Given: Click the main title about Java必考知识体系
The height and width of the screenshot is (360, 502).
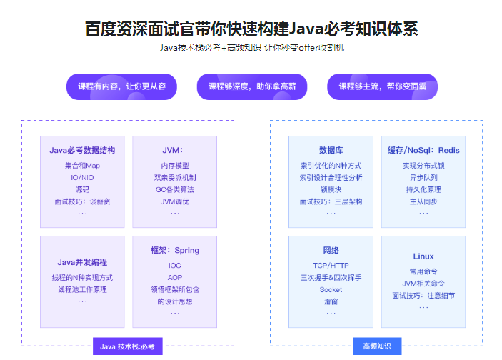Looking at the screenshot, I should [x=251, y=29].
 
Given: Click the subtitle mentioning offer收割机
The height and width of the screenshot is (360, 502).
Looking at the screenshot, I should [x=251, y=48].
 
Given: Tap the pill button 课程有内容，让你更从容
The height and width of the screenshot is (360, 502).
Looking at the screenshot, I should [x=121, y=86].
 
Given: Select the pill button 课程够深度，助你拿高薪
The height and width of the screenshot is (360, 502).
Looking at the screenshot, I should [x=252, y=86].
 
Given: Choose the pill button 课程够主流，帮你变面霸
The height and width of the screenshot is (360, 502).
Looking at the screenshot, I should [x=382, y=86].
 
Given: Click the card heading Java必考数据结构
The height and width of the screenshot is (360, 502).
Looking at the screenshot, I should [x=82, y=151].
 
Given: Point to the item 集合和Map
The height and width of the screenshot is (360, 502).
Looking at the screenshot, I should [x=82, y=165].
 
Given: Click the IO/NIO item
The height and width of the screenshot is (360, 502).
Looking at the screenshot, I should [x=82, y=177].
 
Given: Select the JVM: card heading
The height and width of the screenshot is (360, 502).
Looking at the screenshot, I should [x=174, y=151].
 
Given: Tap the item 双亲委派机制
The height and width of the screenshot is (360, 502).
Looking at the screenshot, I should [x=174, y=177].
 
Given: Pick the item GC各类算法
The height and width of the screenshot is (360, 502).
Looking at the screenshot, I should [x=174, y=189].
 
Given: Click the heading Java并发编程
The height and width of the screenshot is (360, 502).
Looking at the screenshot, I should [x=82, y=262].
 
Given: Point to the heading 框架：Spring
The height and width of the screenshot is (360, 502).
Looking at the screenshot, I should [x=174, y=251].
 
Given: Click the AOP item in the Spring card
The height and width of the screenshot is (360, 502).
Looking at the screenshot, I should [x=174, y=277].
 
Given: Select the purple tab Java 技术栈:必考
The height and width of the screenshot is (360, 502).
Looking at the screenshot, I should [x=127, y=346].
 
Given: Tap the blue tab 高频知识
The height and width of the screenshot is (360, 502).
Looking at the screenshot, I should [x=376, y=346].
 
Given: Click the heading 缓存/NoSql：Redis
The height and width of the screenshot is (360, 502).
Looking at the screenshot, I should [x=423, y=151].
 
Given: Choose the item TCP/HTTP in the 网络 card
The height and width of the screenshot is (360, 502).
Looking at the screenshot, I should [x=331, y=266].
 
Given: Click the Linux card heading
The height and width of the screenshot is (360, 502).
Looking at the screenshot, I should [x=423, y=256].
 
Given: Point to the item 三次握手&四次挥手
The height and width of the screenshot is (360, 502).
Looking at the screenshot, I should [x=331, y=277].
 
